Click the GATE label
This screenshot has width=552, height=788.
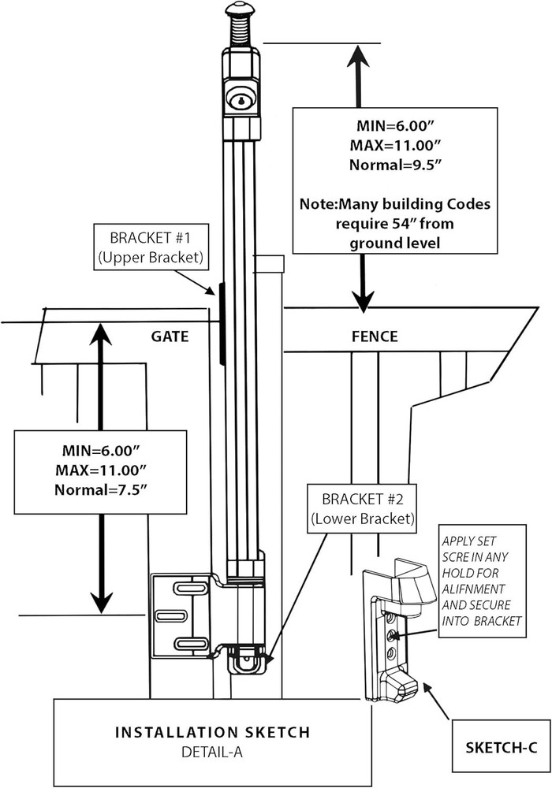[170, 336]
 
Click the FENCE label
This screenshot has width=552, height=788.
[375, 336]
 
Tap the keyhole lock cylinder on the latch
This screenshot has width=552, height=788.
[241, 100]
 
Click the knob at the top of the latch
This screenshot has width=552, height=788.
[241, 10]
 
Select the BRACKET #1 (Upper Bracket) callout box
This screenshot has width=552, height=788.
[151, 247]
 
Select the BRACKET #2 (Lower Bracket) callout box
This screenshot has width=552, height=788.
[362, 508]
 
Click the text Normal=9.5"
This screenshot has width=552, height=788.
[396, 165]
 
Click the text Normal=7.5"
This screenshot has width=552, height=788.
[101, 489]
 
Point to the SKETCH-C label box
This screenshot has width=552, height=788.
[502, 747]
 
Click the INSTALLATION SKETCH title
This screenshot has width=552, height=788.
[213, 732]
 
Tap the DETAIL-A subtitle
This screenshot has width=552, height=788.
[211, 752]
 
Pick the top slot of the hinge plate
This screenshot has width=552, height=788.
[191, 588]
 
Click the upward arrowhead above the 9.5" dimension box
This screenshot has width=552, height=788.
[359, 56]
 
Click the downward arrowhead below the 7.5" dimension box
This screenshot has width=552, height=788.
[102, 602]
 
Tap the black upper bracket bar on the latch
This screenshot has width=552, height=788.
[222, 323]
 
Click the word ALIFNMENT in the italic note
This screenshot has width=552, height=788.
[474, 589]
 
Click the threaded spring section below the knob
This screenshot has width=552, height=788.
[241, 33]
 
